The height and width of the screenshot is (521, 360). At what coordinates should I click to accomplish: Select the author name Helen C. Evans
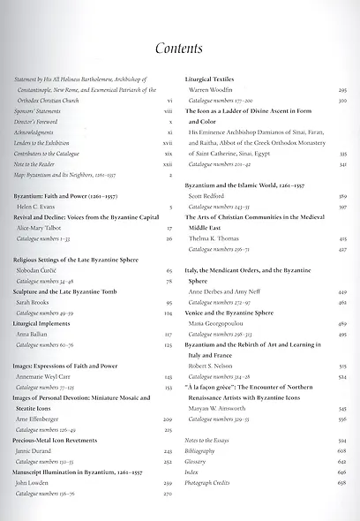pos(35,205)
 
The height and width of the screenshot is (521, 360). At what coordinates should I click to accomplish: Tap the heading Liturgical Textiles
pos(214,79)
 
